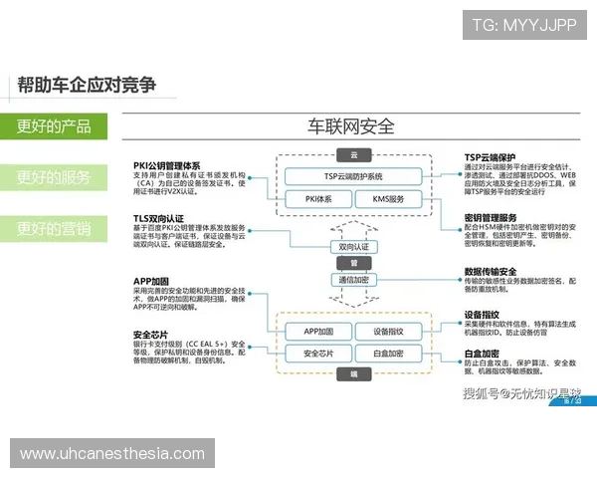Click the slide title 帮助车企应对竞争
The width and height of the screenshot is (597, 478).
[87, 85]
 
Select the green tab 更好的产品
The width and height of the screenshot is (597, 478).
[54, 126]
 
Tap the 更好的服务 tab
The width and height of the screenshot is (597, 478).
[54, 178]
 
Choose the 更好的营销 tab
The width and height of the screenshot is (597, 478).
[54, 230]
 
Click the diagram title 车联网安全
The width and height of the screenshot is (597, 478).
[350, 127]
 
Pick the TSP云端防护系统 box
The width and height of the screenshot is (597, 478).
[352, 176]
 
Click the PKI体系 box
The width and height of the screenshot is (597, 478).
[318, 199]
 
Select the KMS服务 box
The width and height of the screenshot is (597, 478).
[388, 199]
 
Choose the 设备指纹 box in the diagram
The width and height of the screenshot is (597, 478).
[389, 331]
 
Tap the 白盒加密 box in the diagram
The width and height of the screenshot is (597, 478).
[389, 354]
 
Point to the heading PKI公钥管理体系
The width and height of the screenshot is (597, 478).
[166, 165]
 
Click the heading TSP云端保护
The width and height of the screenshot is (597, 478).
[490, 157]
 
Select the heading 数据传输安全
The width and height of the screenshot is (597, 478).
[491, 271]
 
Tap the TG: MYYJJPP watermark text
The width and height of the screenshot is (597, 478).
[523, 25]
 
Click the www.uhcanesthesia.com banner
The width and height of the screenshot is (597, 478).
[111, 454]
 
